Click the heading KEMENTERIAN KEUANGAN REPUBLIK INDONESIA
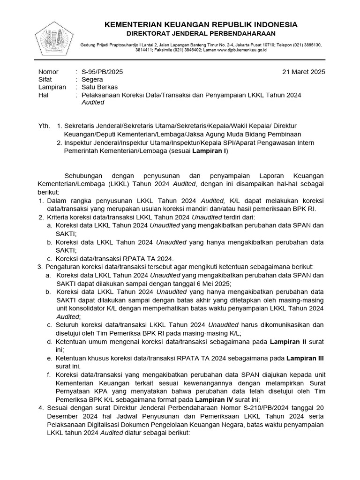[201, 24]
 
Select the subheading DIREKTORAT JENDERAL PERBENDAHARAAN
[201, 33]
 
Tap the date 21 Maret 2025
[303, 72]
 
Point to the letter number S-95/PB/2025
[102, 72]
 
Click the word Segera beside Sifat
[92, 80]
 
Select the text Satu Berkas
[100, 87]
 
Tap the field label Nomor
[48, 72]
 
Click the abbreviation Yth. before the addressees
[44, 126]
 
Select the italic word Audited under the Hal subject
[93, 102]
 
